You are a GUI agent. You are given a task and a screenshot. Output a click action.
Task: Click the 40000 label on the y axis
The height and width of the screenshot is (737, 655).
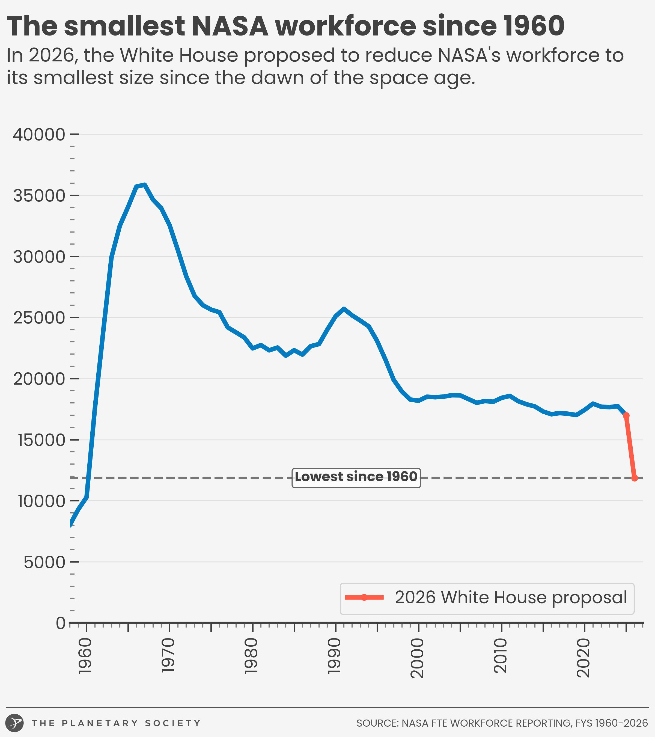[39, 135]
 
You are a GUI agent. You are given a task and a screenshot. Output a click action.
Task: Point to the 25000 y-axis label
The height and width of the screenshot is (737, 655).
[39, 318]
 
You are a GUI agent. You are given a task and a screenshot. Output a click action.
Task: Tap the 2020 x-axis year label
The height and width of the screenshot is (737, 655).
[583, 658]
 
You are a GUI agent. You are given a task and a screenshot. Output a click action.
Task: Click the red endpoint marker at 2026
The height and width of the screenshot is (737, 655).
[635, 478]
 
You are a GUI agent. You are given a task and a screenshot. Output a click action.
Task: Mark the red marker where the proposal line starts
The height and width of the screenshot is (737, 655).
[626, 416]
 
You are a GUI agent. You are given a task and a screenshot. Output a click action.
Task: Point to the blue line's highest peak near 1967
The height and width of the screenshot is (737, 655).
[144, 185]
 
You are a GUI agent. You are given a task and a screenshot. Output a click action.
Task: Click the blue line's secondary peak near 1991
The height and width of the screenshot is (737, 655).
[344, 309]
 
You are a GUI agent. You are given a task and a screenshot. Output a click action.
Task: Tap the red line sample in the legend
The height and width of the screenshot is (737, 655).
[364, 598]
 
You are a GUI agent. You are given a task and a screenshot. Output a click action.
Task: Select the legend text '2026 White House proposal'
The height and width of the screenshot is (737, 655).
[511, 598]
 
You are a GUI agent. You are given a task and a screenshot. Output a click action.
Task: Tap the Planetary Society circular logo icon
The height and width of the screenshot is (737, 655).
[15, 723]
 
